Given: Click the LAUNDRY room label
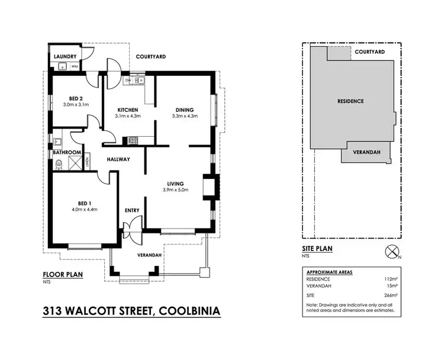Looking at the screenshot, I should pos(65,56).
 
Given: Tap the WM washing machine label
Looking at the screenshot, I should pos(75,66).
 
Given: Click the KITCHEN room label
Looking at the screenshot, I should pos(127,110).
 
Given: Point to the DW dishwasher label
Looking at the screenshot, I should pos(128,80).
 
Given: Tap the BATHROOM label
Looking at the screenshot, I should pos(67,152).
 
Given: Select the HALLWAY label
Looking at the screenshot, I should pos(118,159).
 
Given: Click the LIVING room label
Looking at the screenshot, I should pos(175,184).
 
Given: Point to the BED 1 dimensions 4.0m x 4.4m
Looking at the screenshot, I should pos(84,209).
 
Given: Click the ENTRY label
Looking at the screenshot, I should pos(131,210).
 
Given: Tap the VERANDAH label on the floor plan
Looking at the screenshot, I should pos(150,255).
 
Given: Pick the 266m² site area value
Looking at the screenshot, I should pos(390,294).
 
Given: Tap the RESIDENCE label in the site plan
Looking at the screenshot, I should pos(350,101).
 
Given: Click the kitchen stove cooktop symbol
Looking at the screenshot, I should pos(133,140).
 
